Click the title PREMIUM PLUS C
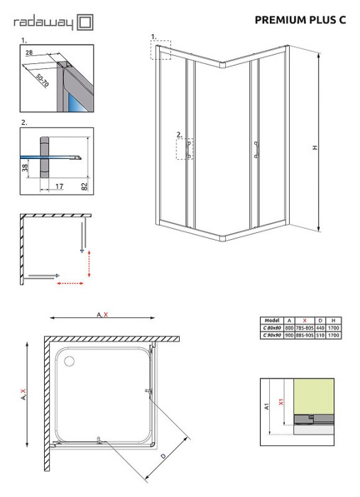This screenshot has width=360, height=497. (x=300, y=20)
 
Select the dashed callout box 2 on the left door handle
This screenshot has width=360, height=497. (x=184, y=148)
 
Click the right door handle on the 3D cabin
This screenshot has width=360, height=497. (x=253, y=147)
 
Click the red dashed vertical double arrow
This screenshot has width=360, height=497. (x=88, y=263)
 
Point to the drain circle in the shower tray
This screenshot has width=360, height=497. (x=69, y=361)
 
